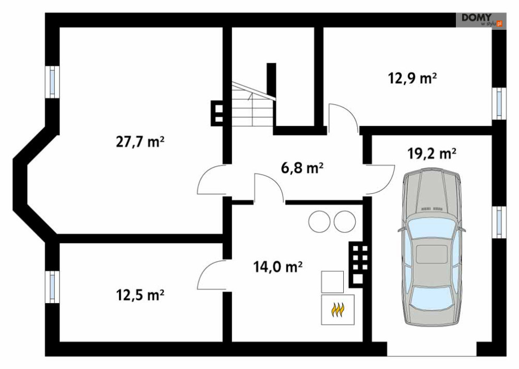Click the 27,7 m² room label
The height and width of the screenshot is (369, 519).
pos(140,142)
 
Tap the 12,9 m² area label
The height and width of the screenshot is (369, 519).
pos(412,78)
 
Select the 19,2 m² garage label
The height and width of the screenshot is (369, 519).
pos(431,154)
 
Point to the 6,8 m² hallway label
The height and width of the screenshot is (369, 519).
pos(302,168)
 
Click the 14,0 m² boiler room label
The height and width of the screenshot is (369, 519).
pos(277,267)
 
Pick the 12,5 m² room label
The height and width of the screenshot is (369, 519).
pos(140,295)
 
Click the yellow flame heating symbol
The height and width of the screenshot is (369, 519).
pos(337,310)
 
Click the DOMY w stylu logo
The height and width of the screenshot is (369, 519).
pos(481,20)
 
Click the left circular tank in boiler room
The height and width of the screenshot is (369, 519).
pos(319,221)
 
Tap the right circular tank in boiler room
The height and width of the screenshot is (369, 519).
pos(345,221)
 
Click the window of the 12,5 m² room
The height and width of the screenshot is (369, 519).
pos(52,287)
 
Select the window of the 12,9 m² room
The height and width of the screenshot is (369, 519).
pos(499,103)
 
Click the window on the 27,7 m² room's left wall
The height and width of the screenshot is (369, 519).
pos(52,82)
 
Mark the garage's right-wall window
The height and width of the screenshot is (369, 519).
pos(499,222)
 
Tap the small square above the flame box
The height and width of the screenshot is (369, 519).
pos(332,282)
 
